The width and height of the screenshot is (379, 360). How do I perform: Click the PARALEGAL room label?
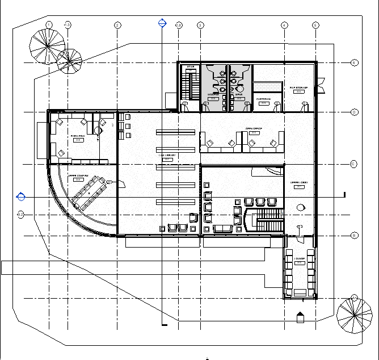pos(78,136)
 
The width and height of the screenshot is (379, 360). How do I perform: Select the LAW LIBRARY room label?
pos(167,155)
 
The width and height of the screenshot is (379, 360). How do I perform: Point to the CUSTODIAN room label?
pos(263,99)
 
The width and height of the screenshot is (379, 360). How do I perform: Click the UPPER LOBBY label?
pos(298,183)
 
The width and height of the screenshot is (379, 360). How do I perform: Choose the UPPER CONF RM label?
pos(79,177)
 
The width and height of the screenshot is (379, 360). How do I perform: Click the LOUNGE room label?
pos(299,258)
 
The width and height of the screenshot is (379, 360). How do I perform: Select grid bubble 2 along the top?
pos(117,25)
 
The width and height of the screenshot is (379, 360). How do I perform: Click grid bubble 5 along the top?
pos(316,25)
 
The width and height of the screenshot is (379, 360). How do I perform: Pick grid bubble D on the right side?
pos(354,112)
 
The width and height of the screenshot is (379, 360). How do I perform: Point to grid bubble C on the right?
pos(354,164)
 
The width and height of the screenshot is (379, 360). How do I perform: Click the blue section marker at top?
pos(162,23)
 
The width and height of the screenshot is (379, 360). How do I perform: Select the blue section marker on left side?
pos(22,196)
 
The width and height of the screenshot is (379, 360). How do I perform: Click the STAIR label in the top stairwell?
pos(191,67)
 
